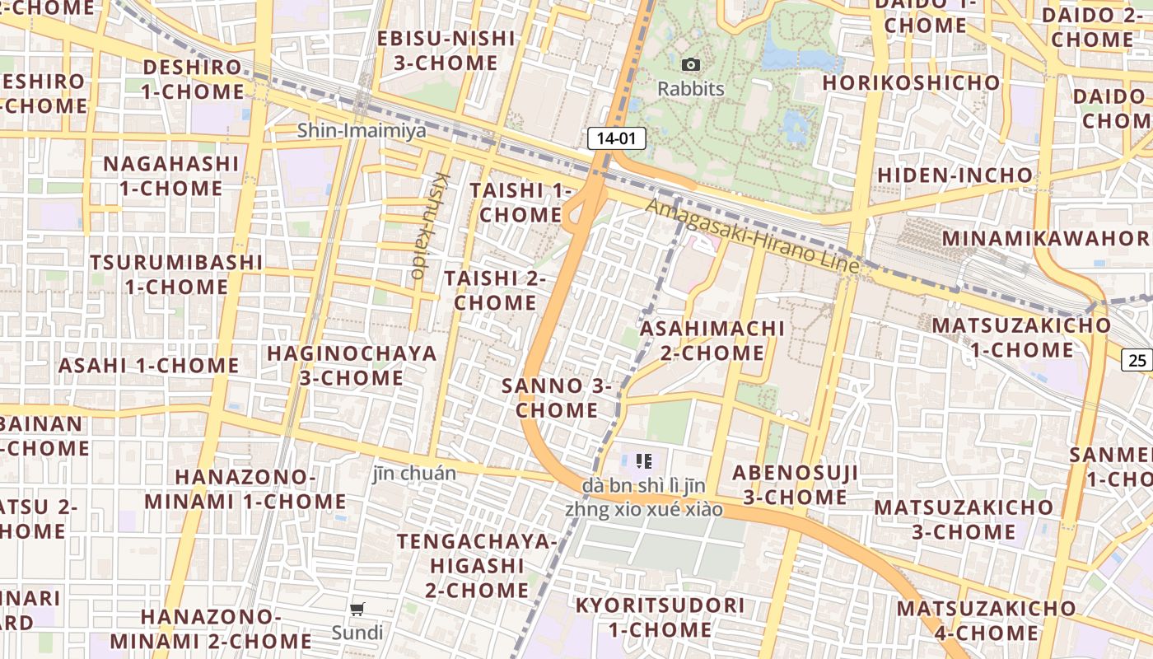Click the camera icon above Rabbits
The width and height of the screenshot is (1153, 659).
[691, 64]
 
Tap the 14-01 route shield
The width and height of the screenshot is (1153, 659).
[616, 138]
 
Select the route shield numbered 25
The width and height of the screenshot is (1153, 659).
[1137, 359]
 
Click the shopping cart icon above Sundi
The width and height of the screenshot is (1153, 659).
[357, 610]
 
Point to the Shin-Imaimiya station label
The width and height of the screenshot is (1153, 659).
[362, 130]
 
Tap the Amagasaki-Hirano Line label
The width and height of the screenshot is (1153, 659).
[753, 237]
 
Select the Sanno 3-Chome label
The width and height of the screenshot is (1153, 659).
[557, 397]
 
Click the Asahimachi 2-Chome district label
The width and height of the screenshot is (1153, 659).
[712, 340]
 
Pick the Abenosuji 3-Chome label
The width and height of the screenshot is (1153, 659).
[795, 484]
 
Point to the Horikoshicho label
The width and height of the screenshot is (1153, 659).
[911, 82]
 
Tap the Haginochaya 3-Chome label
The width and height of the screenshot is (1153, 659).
[352, 366]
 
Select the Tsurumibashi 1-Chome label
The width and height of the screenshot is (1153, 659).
[176, 274]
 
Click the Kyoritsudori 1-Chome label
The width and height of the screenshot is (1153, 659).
[660, 617]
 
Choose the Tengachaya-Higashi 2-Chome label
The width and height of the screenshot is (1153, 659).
[477, 565]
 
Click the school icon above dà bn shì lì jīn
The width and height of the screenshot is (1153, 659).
[644, 461]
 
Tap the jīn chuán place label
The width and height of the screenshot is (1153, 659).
[414, 473]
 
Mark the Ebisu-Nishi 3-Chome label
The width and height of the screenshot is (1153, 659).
[446, 50]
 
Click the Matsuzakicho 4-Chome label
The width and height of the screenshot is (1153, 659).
[986, 620]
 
